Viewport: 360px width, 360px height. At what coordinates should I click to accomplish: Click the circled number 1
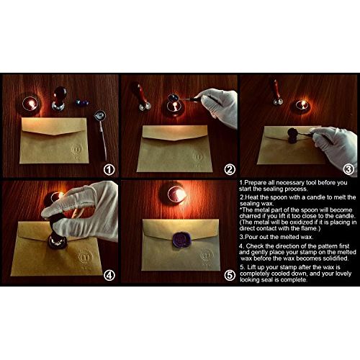click(x=109, y=170)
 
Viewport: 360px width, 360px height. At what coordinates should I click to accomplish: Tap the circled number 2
click(x=230, y=170)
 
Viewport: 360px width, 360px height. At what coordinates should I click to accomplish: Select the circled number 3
click(x=348, y=169)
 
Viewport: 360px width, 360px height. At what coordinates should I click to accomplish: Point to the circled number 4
click(x=109, y=276)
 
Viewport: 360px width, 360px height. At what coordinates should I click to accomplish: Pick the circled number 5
click(x=230, y=276)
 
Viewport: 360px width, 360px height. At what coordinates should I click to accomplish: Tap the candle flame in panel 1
click(x=31, y=104)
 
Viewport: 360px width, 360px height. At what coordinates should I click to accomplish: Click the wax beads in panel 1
click(x=82, y=102)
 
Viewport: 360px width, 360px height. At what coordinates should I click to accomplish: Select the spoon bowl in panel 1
click(x=100, y=116)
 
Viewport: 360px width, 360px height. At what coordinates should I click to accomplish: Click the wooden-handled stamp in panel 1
click(x=59, y=99)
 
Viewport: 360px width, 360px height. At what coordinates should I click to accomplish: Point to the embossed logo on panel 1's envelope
click(x=77, y=150)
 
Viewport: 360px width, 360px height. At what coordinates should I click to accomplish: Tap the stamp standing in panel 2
click(x=143, y=97)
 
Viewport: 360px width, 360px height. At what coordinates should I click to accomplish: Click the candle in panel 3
click(x=302, y=106)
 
